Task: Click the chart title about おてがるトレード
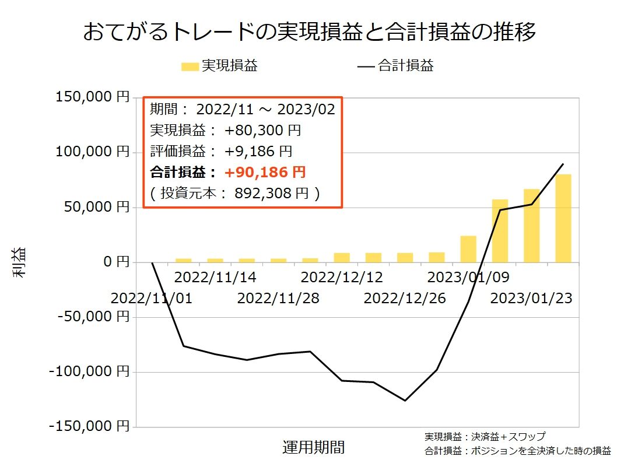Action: [309, 32]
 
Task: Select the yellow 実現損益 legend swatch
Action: [190, 66]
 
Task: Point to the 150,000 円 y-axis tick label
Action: [92, 97]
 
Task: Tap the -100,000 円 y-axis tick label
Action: [90, 371]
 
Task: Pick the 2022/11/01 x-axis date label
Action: [151, 299]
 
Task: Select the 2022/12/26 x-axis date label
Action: [405, 299]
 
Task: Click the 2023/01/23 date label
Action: [531, 299]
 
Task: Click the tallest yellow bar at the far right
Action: [563, 218]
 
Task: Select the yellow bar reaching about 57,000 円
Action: [500, 231]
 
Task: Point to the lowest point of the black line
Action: [405, 401]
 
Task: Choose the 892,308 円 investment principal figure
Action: [270, 193]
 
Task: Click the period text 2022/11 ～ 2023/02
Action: [265, 109]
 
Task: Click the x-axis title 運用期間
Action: [313, 447]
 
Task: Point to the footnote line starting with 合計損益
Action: [517, 450]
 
